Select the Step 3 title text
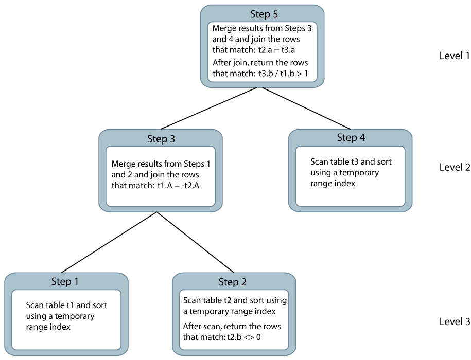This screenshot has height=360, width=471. (x=160, y=139)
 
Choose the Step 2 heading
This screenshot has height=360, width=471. (x=233, y=282)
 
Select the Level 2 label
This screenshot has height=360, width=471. (x=454, y=167)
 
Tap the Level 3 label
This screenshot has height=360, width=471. (x=454, y=321)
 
